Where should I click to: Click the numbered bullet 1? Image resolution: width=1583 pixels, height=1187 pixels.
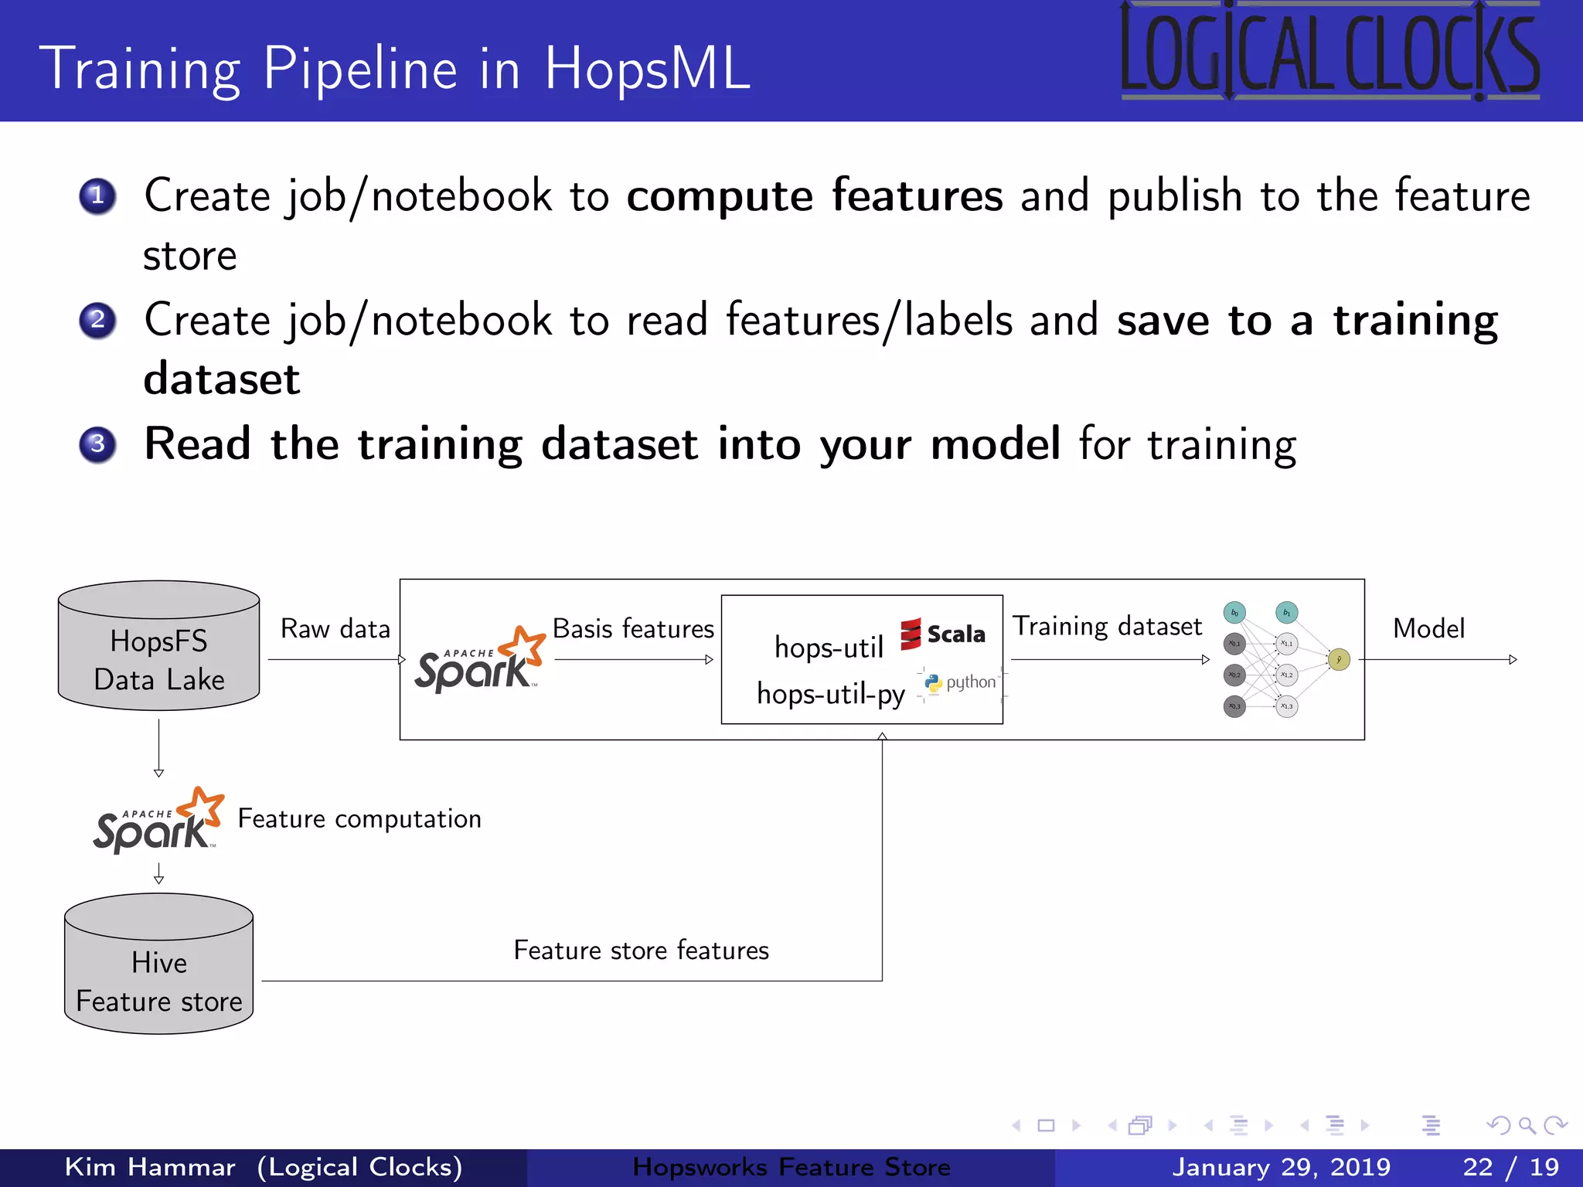point(97,196)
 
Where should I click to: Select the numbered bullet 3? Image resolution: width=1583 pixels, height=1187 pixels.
point(97,444)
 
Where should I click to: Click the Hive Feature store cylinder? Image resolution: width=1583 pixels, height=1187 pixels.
point(159,966)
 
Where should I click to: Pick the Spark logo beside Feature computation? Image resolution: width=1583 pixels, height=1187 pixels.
point(159,821)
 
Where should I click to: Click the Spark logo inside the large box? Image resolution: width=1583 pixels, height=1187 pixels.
point(480,660)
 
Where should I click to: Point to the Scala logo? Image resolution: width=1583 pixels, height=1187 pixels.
point(943,634)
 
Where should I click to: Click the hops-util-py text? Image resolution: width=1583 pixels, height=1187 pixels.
point(830,694)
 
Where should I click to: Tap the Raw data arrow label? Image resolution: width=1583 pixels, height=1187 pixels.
point(335,629)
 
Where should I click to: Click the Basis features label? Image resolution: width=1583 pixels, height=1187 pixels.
point(633,629)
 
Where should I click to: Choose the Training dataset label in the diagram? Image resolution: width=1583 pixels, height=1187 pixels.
point(1107,626)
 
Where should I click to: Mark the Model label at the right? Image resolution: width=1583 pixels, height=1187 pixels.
point(1428,629)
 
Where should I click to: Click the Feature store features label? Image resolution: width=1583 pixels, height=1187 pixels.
point(641,951)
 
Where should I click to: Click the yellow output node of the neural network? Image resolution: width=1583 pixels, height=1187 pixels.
point(1339,659)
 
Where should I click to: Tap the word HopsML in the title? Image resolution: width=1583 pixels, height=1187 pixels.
point(648,68)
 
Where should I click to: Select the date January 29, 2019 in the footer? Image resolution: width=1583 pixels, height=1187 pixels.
point(1281,1167)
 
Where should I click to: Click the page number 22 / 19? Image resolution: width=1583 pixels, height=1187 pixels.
point(1510,1167)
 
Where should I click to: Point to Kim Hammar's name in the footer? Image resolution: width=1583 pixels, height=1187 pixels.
point(150,1167)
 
